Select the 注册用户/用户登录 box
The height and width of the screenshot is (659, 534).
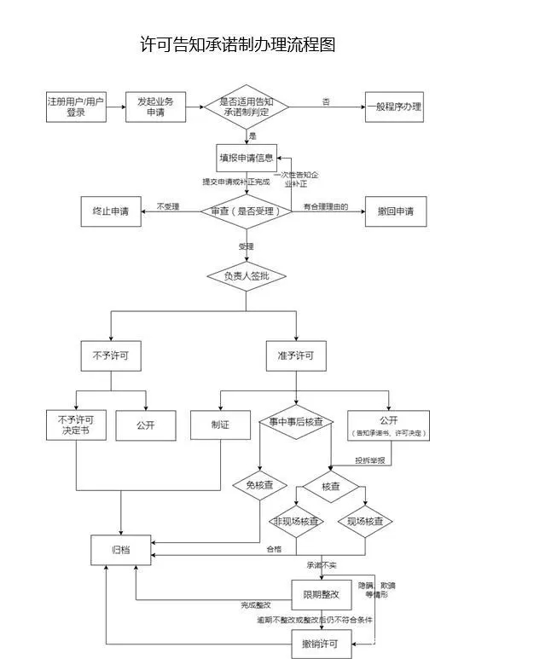pyautogui.click(x=75, y=107)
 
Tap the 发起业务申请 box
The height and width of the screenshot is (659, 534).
pyautogui.click(x=155, y=107)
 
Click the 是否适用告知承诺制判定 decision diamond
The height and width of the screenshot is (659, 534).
pyautogui.click(x=247, y=107)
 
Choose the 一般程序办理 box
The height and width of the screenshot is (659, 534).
pyautogui.click(x=394, y=107)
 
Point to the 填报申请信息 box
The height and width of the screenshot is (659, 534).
pyautogui.click(x=247, y=158)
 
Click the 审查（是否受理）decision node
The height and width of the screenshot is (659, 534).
pyautogui.click(x=247, y=211)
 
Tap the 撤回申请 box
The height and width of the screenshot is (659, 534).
pyautogui.click(x=395, y=211)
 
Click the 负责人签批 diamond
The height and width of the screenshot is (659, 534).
pyautogui.click(x=247, y=276)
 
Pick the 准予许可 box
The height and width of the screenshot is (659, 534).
pyautogui.click(x=295, y=356)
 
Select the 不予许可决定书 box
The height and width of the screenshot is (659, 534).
pyautogui.click(x=75, y=425)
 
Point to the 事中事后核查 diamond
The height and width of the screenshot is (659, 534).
pyautogui.click(x=295, y=422)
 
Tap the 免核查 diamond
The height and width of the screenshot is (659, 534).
pyautogui.click(x=258, y=484)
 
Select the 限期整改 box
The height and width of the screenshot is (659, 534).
pyautogui.click(x=321, y=593)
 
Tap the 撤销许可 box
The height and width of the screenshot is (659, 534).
pyautogui.click(x=321, y=643)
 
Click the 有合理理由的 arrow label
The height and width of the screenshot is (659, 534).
pyautogui.click(x=326, y=206)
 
